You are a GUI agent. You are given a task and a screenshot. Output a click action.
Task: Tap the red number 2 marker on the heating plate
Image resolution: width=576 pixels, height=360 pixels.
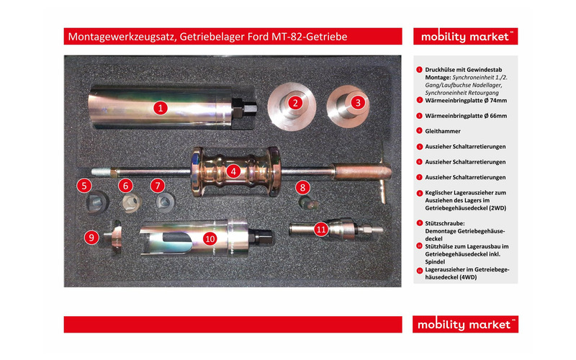coord(294,102)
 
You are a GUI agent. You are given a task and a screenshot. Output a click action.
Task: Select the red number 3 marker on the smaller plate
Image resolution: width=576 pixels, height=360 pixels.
coord(357,102)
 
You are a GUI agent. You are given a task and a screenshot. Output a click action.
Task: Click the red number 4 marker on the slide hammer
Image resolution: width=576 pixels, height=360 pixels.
coord(233,171)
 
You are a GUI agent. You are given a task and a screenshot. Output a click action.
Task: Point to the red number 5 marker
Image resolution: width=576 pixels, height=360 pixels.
coord(86,186)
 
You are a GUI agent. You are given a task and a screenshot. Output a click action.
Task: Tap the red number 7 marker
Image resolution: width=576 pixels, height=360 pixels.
coord(159,186)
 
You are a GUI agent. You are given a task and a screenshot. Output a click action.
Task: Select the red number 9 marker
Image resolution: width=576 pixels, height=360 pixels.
coord(91,236)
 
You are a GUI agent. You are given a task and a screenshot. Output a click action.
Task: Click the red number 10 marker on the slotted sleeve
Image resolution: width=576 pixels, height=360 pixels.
coord(210,237)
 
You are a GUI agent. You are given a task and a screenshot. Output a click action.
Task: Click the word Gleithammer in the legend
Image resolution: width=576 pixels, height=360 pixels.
coord(444,131)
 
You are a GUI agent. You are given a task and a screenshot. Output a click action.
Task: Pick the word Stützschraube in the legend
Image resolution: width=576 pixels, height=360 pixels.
coord(448,223)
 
